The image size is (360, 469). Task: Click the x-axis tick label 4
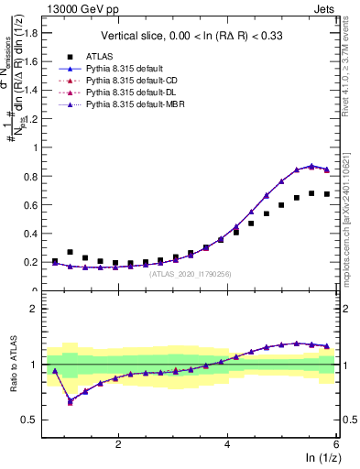pos(228,444)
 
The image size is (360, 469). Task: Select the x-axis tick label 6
pos(337,444)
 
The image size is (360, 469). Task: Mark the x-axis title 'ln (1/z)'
pos(320,459)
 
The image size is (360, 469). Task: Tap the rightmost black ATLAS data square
pos(327,194)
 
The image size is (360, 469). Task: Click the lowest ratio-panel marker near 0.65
pos(71,401)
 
